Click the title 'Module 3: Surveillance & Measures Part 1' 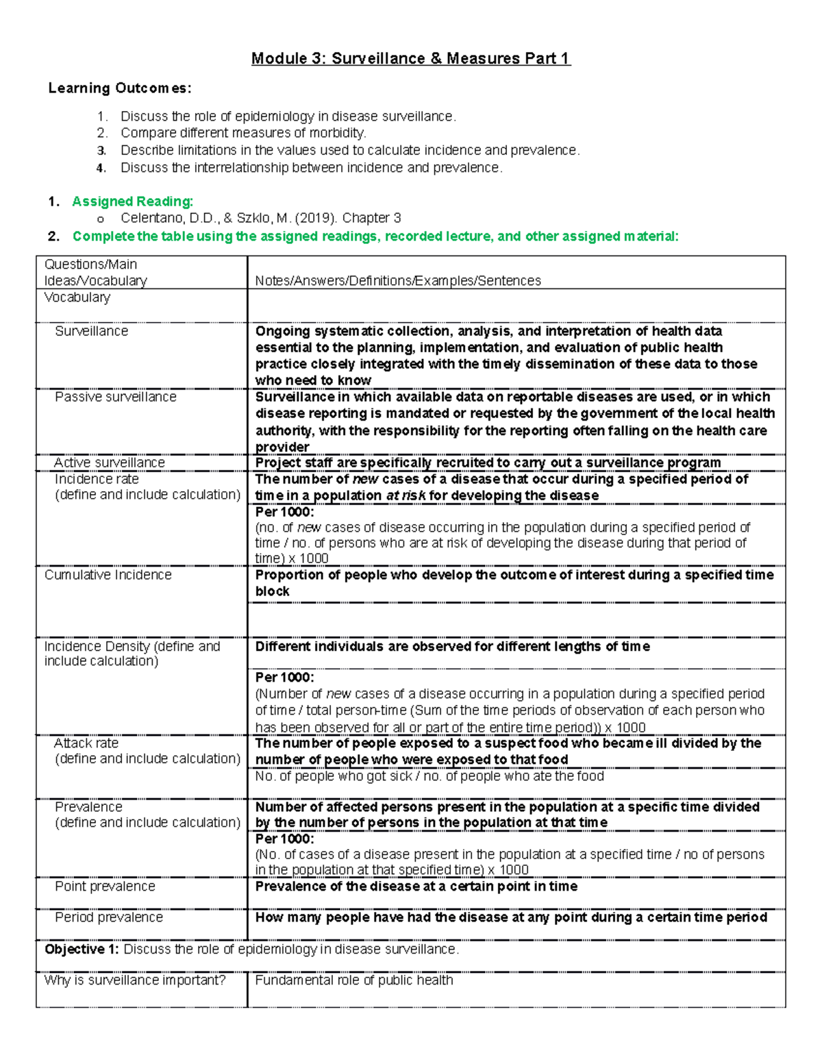(410, 59)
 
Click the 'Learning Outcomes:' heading (120, 88)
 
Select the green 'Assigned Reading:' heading (132, 201)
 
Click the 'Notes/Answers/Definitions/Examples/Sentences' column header (397, 281)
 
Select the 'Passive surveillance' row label (115, 397)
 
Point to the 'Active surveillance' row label (109, 463)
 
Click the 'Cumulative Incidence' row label (108, 576)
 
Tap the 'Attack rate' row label (86, 743)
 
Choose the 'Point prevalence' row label (105, 887)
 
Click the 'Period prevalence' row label (108, 917)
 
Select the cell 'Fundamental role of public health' (353, 980)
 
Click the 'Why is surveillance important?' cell (134, 980)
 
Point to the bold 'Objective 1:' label (82, 950)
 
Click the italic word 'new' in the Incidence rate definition (365, 480)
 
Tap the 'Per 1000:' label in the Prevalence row (284, 839)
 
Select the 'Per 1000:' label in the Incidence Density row (284, 678)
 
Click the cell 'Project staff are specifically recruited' (487, 463)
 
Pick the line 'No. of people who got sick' (429, 776)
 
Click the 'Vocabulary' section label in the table (77, 298)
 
